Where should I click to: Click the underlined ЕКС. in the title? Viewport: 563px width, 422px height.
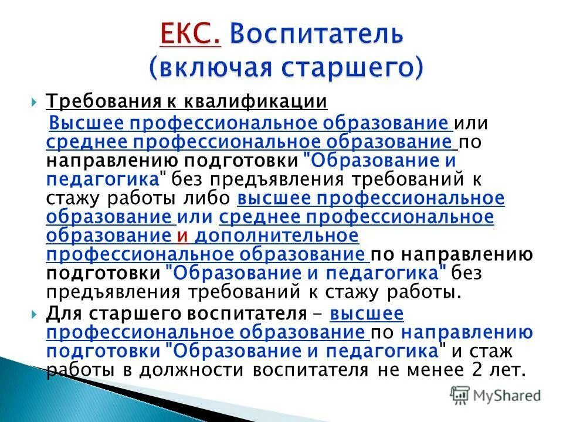point(190,35)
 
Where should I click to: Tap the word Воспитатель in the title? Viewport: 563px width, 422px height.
point(316,35)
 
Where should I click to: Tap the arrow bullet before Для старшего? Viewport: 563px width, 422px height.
point(33,314)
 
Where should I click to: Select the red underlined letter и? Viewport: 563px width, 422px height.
point(182,236)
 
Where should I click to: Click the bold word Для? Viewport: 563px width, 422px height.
point(62,314)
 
